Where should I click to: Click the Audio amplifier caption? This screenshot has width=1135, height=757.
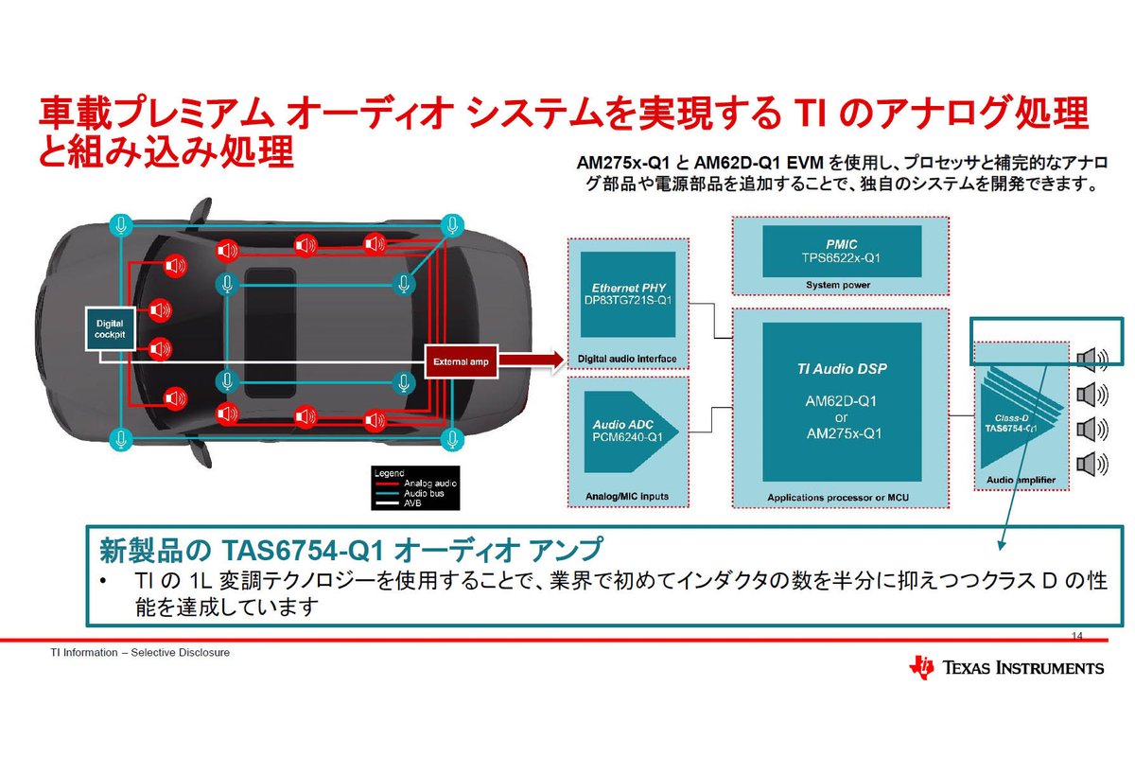pyautogui.click(x=1021, y=480)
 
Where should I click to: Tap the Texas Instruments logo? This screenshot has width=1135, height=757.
pyautogui.click(x=1006, y=667)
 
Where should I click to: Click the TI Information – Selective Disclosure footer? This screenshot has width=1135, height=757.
pyautogui.click(x=140, y=653)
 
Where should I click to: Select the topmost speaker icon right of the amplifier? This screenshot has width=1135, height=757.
pyautogui.click(x=1091, y=358)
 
